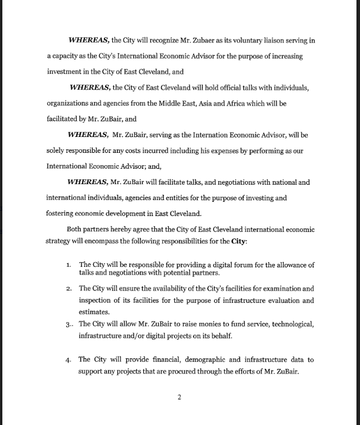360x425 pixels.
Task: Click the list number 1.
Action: point(69,265)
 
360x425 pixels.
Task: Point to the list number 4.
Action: point(69,359)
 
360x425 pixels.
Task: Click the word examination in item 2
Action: point(263,289)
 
